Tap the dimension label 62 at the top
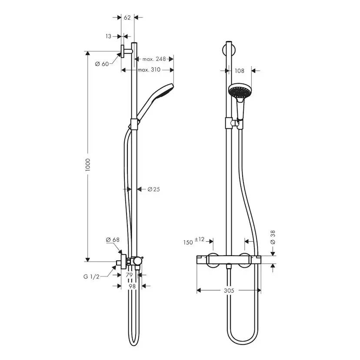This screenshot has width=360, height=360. (127, 18)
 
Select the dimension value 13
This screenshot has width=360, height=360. (108, 37)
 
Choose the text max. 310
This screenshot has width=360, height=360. (149, 70)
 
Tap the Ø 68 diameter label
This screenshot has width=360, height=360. (113, 240)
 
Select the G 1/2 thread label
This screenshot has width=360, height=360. (92, 277)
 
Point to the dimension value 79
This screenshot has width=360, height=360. (129, 275)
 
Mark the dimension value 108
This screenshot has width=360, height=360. (240, 70)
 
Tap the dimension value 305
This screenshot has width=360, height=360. (229, 290)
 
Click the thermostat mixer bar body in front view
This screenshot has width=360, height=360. (229, 260)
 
